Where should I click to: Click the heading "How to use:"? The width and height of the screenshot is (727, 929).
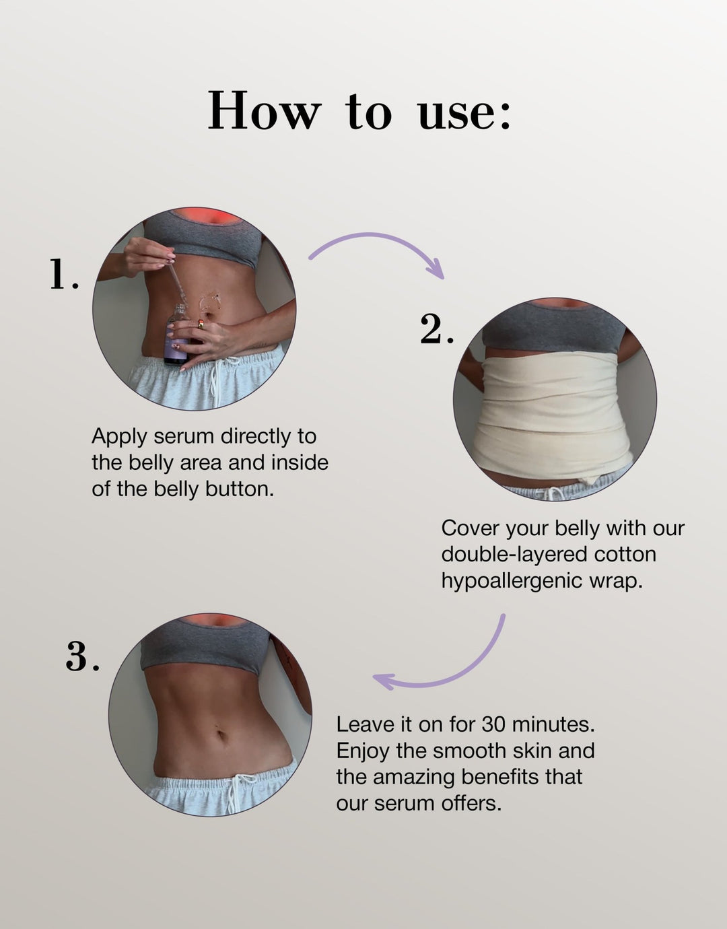(360, 111)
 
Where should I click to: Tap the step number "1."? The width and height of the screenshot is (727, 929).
(64, 275)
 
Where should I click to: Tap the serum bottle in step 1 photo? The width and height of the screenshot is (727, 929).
(177, 337)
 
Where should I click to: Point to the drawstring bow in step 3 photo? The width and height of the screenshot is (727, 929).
(236, 788)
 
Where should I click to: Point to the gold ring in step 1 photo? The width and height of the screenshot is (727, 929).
(201, 324)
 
